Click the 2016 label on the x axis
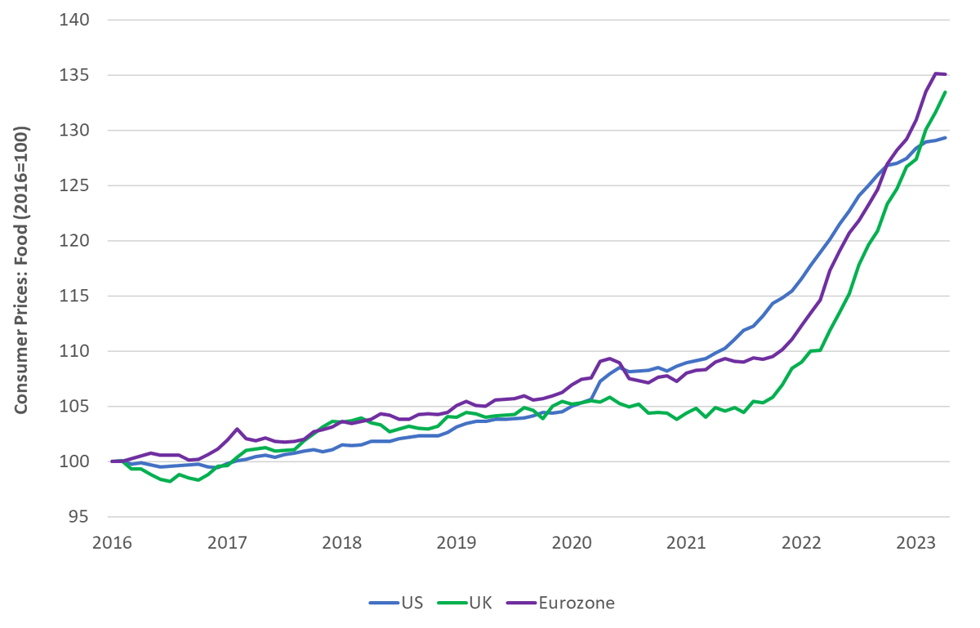pos(113,541)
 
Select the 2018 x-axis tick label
pos(342,541)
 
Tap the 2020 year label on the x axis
pos(572,541)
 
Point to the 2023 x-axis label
pos(915,541)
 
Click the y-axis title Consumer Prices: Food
pos(22,269)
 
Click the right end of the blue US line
pos(945,138)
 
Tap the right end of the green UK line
pos(945,92)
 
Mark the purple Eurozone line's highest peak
pos(936,73)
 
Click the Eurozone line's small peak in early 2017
pos(237,429)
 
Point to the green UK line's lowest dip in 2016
pos(170,482)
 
